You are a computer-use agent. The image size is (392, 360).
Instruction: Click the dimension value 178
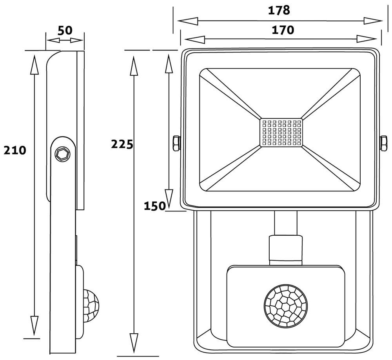[x=279, y=10]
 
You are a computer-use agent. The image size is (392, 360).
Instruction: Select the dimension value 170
[x=283, y=30]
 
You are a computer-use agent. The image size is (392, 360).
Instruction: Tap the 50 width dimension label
[x=65, y=31]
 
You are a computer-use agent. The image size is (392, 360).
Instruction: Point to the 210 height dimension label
[x=15, y=150]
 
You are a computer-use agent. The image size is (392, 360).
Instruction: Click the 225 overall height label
[x=122, y=144]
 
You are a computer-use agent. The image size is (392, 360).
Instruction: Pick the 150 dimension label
[x=154, y=206]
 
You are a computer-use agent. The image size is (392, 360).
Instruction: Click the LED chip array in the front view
[x=281, y=132]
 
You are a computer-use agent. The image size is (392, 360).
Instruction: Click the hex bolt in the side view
[x=62, y=153]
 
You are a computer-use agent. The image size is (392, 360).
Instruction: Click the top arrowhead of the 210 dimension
[x=35, y=65]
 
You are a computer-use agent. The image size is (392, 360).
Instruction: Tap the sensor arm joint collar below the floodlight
[x=285, y=247]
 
